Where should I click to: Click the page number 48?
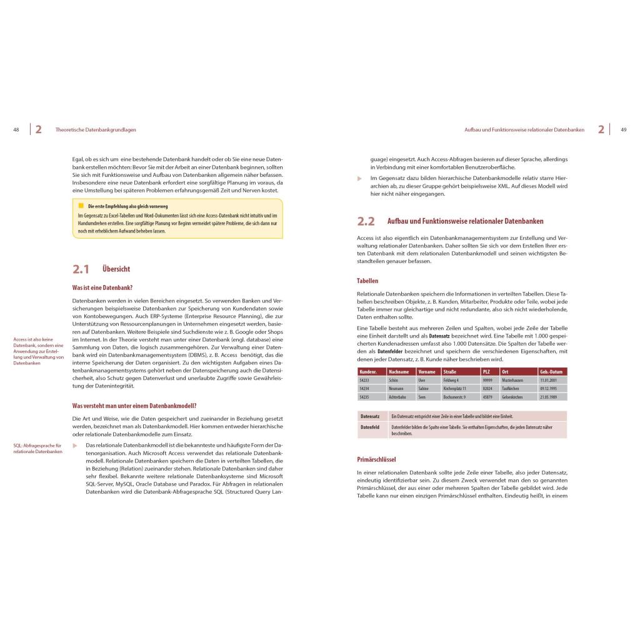coord(16,130)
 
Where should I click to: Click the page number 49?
coord(623,130)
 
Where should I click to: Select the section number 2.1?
coord(81,269)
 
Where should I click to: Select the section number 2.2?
coord(366,221)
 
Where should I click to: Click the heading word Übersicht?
coord(116,269)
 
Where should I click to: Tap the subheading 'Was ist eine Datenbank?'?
coord(102,287)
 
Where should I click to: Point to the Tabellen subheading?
coord(367,281)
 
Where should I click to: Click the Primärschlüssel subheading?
coord(376,459)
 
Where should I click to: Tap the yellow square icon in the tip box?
coord(81,206)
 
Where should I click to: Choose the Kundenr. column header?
coord(368,372)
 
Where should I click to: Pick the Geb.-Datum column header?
coord(551,372)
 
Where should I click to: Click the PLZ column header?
coord(486,372)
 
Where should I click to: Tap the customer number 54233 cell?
coord(364,380)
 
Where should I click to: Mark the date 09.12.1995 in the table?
coord(548,388)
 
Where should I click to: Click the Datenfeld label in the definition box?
coord(370,427)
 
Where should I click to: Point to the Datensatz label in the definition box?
coord(370,416)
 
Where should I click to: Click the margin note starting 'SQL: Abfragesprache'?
coord(37,449)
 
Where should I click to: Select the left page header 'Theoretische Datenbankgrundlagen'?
coord(96,130)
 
